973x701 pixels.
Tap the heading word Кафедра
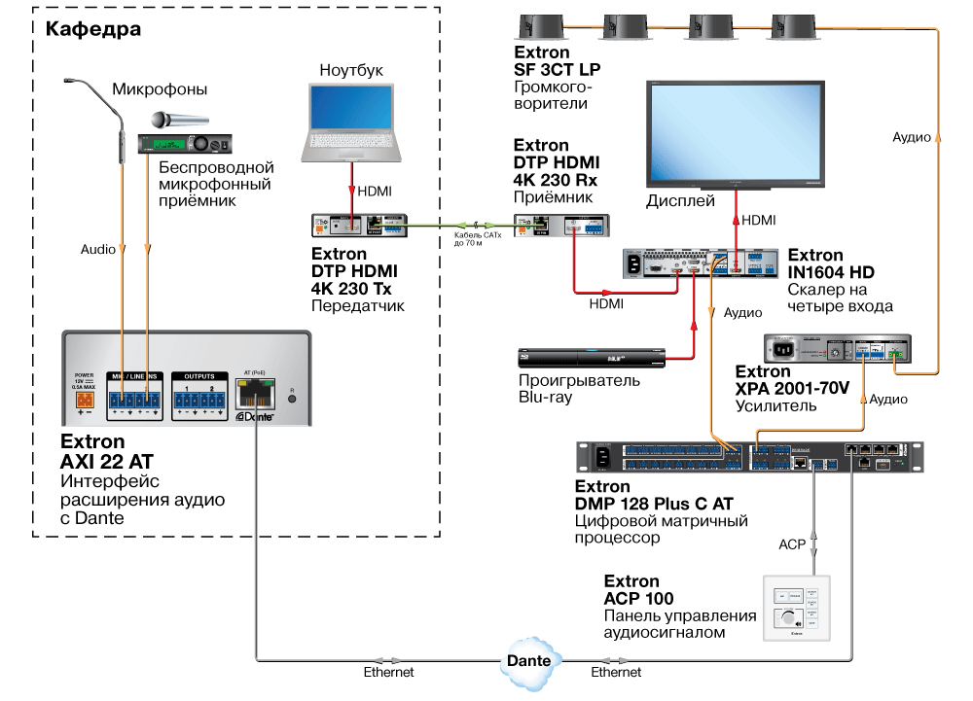point(93,29)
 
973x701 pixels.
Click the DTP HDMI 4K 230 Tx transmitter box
point(359,225)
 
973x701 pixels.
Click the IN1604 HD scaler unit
point(701,263)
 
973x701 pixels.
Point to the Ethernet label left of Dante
point(389,672)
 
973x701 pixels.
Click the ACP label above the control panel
point(791,544)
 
